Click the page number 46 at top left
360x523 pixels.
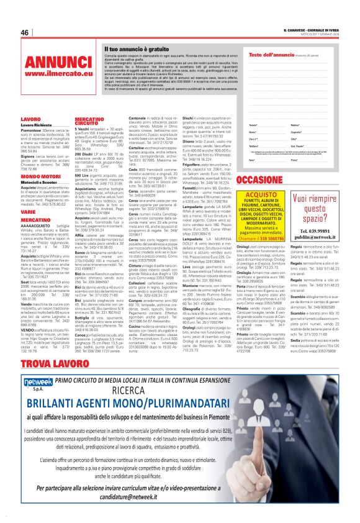pyautogui.click(x=25, y=33)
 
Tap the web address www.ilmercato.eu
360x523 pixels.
pyautogui.click(x=52, y=74)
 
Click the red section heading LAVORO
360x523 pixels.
pyautogui.click(x=30, y=119)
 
